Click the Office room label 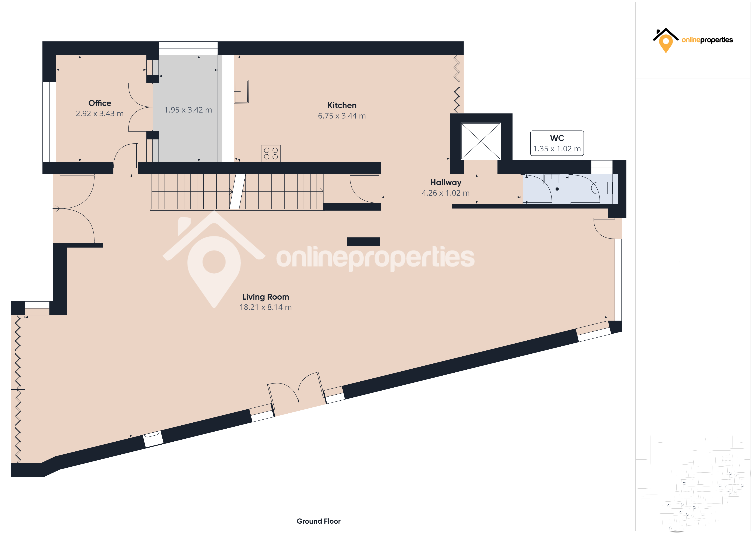100,103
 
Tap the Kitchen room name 342,105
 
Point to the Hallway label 446,183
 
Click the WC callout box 557,143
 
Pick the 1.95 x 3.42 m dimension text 188,110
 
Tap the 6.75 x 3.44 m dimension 342,116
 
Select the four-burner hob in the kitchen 271,153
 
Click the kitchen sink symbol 241,92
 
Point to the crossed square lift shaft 481,141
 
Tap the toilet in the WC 601,188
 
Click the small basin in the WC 552,179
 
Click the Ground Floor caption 318,521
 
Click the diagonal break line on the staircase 237,191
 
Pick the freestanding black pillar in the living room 363,242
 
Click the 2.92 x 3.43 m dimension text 100,114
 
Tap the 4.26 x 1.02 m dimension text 446,193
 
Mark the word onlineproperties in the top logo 707,40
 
